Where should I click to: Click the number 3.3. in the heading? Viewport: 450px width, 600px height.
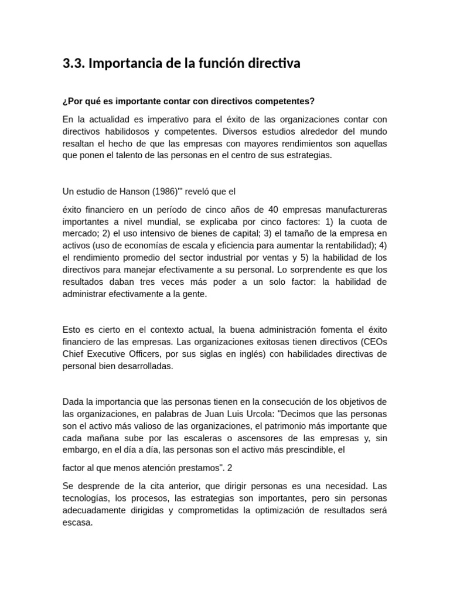click(74, 64)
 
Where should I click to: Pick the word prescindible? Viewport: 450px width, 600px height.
click(305, 451)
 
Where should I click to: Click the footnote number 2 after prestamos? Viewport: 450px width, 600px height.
click(230, 468)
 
